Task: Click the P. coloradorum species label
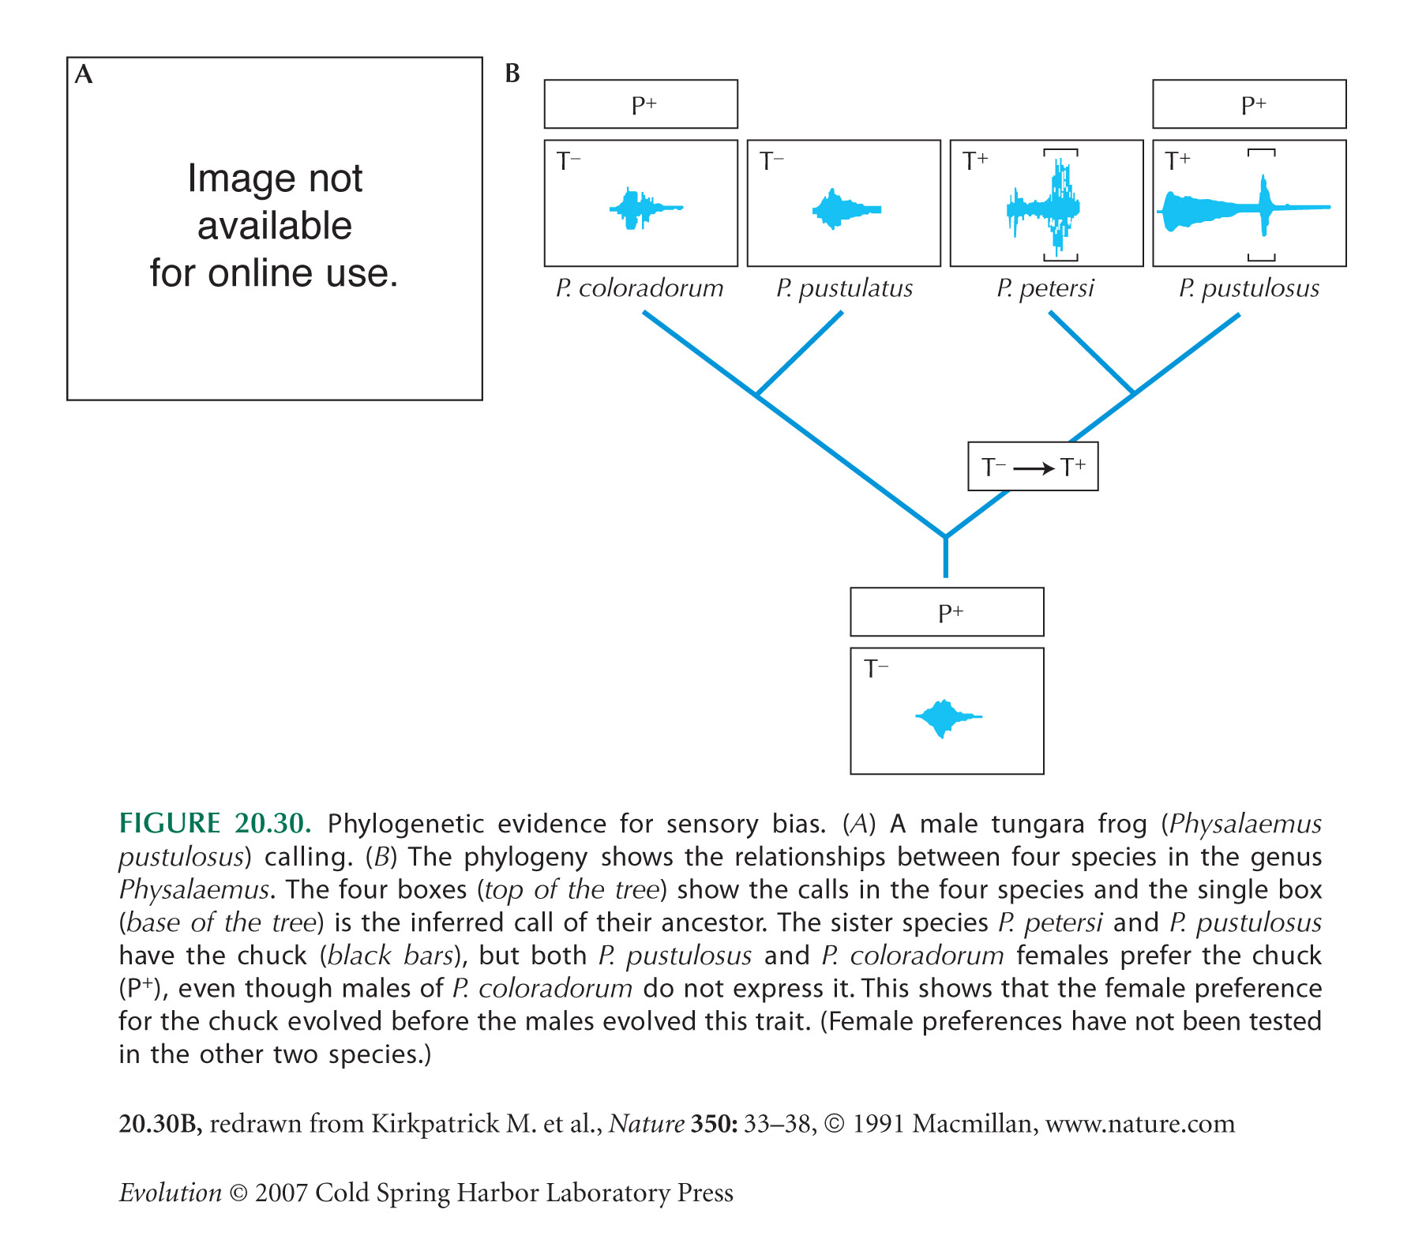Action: [x=640, y=288]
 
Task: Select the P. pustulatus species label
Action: [x=844, y=288]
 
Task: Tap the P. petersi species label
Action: [x=1045, y=288]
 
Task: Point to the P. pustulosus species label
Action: [x=1249, y=288]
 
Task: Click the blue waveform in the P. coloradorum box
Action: [x=645, y=208]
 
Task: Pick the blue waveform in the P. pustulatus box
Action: [x=846, y=208]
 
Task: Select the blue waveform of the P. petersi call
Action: [x=1044, y=207]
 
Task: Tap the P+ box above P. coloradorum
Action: [x=641, y=104]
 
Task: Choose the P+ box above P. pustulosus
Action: [x=1249, y=104]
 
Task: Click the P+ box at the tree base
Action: [x=947, y=612]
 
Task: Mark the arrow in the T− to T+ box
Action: [x=1034, y=468]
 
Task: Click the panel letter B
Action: [x=512, y=73]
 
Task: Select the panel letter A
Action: [x=84, y=74]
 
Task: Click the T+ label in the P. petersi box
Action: [x=976, y=161]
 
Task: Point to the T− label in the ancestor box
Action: [x=876, y=669]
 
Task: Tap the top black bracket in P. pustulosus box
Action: [x=1262, y=152]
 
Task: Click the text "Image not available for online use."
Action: [x=275, y=226]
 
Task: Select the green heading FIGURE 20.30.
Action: [x=215, y=824]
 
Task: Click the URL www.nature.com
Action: [x=1140, y=1124]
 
